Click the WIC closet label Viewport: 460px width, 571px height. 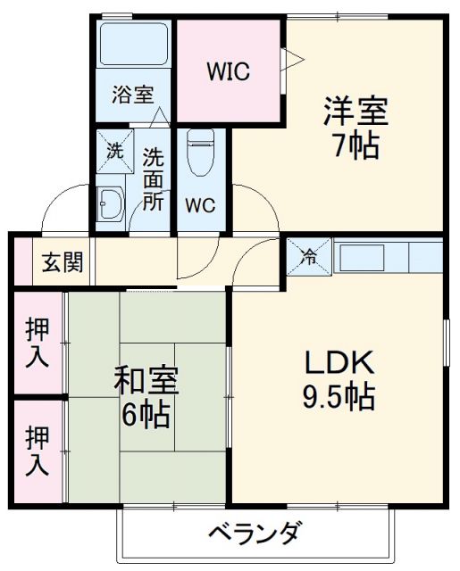click(230, 70)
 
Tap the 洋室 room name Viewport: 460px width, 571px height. click(355, 114)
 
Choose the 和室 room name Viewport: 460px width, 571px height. click(146, 381)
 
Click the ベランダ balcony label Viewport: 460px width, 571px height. click(254, 535)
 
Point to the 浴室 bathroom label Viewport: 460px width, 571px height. click(132, 95)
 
